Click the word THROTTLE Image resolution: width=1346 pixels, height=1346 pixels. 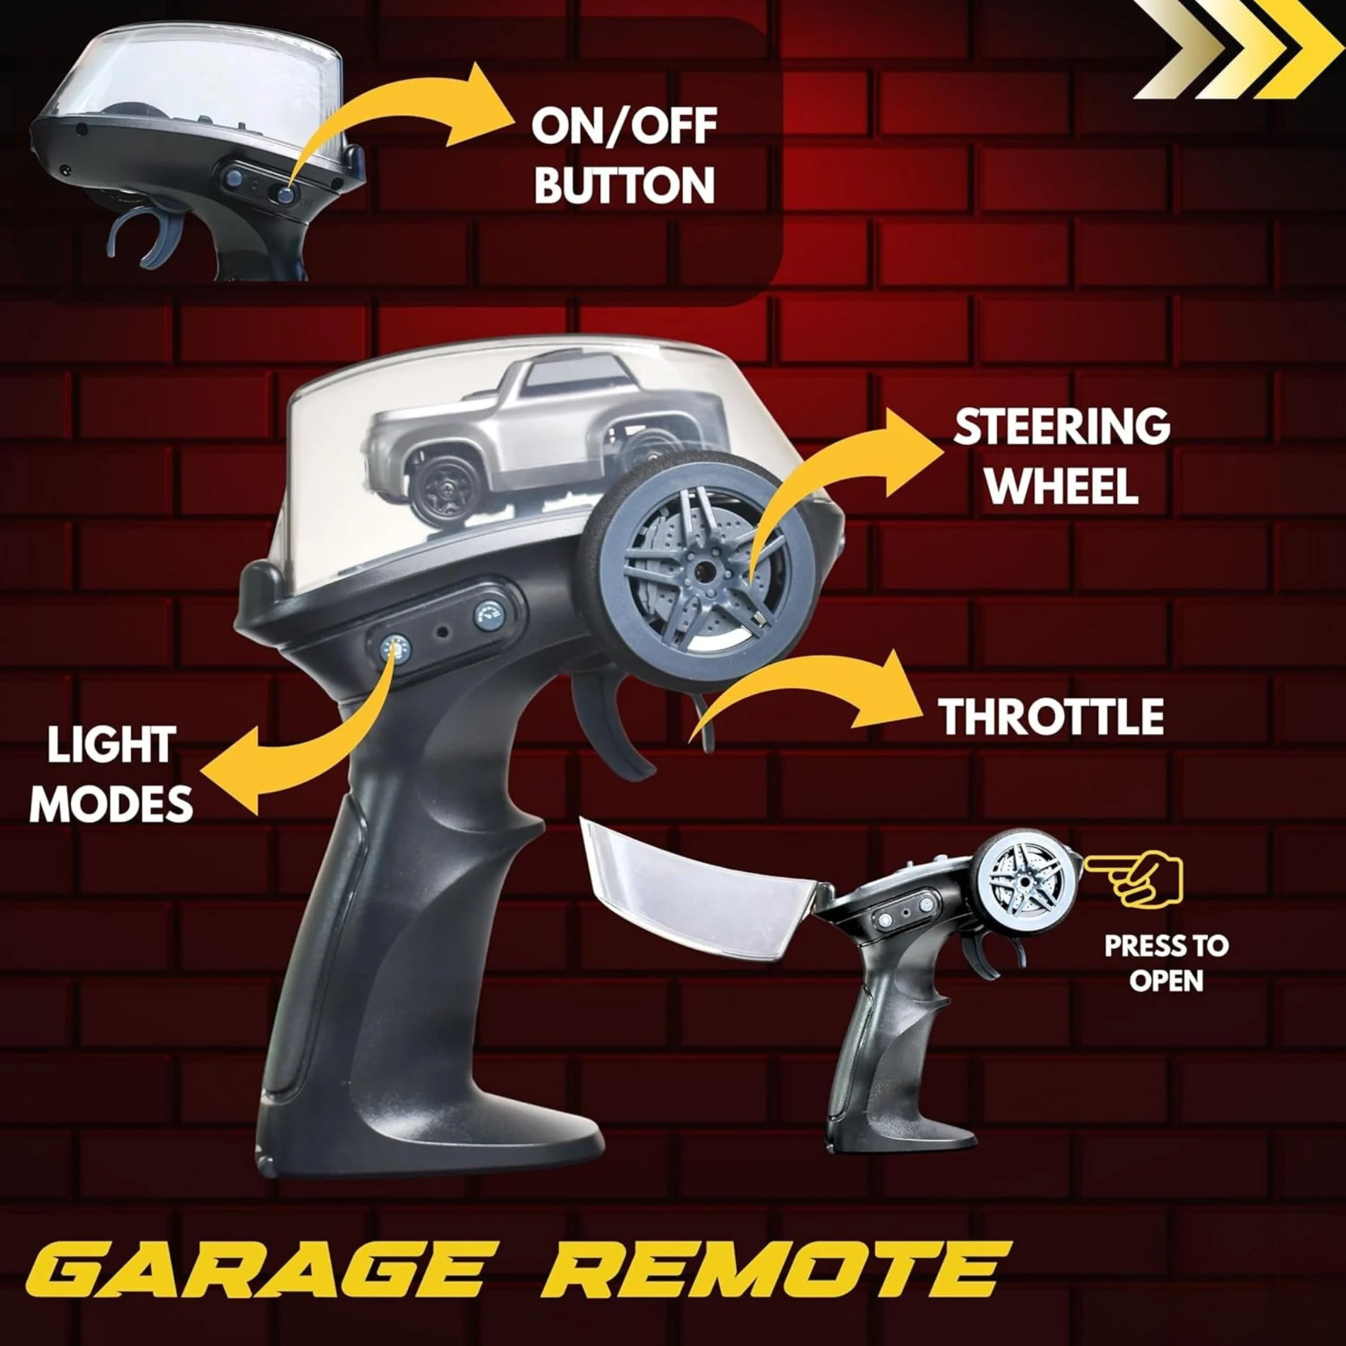(x=1051, y=716)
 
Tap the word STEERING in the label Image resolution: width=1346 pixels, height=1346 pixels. (x=1061, y=426)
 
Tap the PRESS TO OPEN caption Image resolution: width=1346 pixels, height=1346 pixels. (x=1165, y=963)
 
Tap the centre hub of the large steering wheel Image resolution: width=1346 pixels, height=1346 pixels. (x=703, y=568)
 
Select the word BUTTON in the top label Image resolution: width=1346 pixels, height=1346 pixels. (x=623, y=185)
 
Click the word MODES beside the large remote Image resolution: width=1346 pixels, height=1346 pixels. (x=111, y=803)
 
